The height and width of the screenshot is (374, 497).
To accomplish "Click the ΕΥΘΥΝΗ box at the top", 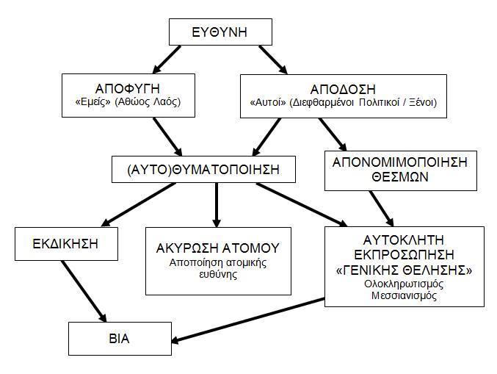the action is coord(220,32).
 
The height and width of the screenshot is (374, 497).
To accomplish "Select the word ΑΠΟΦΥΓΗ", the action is coord(128,89).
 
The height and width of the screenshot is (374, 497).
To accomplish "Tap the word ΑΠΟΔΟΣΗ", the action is coord(343,90).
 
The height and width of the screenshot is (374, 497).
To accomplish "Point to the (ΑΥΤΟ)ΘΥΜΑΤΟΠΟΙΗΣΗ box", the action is coord(203,169).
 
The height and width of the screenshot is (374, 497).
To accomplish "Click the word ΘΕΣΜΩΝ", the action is coord(400,177).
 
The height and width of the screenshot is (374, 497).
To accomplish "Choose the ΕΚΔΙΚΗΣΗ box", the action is coord(66,244).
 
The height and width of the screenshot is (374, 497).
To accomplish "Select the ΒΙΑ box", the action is coord(120,339).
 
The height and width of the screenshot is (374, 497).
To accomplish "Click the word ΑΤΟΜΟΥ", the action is coord(250,248).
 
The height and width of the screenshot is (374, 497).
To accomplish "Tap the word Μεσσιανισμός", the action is coord(404,295).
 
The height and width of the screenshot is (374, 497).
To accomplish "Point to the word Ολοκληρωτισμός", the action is coord(404,284).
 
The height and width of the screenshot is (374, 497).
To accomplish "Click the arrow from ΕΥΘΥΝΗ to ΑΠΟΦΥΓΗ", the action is coord(167,60).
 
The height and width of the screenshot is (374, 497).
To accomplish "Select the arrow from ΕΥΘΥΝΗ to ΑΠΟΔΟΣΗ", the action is coord(273,60).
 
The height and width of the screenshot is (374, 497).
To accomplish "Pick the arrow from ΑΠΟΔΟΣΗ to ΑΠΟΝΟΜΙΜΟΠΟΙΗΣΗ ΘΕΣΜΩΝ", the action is coord(333,134).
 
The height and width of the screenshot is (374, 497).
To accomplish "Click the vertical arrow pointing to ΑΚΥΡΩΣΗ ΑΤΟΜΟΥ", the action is coord(217,205).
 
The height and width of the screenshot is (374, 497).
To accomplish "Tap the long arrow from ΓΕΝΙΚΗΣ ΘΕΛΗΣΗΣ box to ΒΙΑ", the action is coord(248,320).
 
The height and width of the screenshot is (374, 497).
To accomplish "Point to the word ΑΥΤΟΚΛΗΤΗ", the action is coord(403,240).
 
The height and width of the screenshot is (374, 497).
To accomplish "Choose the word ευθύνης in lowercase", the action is coord(218,274).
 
